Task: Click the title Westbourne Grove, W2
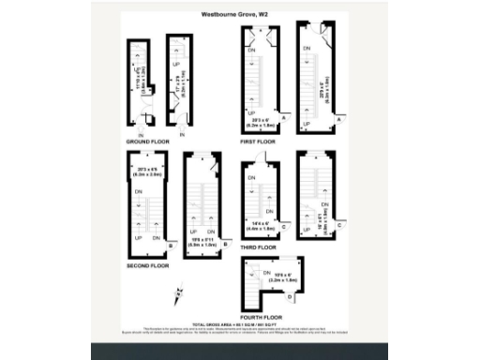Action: pos(239,14)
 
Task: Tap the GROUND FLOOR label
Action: pos(145,142)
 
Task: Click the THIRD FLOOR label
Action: pos(259,247)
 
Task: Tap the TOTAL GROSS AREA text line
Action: pos(239,323)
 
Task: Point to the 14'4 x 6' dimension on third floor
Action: pos(262,224)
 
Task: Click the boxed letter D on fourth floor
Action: pos(289,296)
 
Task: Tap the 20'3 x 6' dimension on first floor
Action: pos(261,120)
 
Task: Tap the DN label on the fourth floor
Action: pos(254,273)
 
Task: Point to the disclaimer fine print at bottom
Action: pos(239,331)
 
